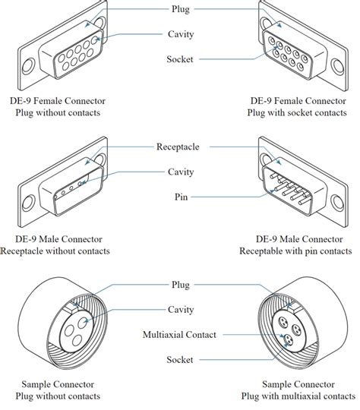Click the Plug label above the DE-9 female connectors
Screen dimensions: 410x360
179,10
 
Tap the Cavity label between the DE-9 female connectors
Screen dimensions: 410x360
179,34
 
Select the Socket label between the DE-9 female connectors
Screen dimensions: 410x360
179,58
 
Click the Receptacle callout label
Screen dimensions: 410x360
179,146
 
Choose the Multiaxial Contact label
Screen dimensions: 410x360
179,334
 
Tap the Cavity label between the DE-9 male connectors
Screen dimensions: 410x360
179,172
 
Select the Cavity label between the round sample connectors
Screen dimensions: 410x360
179,309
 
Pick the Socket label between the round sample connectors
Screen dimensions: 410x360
179,359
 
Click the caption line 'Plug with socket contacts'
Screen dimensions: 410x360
299,112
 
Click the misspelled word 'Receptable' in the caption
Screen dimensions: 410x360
268,251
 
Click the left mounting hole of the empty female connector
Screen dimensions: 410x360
28,66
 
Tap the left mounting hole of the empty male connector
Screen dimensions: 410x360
28,203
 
